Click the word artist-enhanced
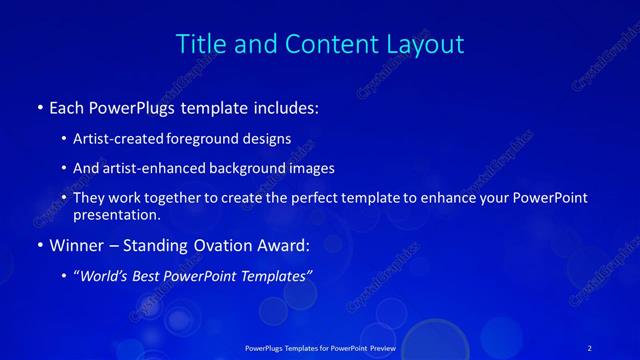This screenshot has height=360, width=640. pos(147,168)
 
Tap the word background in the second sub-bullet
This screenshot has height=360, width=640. pos(246,168)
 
